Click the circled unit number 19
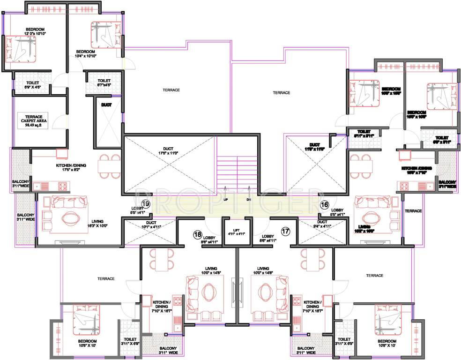pos(146,204)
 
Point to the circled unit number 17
pos(285,231)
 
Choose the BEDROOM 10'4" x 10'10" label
pos(86,53)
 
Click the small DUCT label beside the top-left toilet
pos(106,105)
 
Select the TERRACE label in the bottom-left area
pos(106,278)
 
